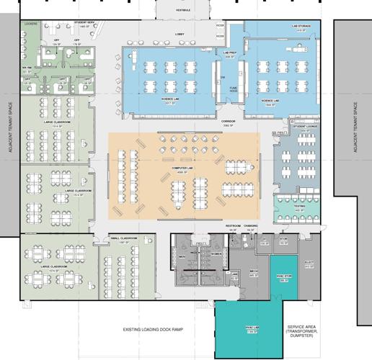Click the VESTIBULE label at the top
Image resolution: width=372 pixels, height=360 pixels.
pos(182,11)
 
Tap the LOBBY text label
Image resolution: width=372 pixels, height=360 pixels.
pos(180,34)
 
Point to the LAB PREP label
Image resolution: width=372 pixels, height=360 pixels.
pos(230,53)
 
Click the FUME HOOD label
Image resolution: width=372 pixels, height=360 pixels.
pos(233,89)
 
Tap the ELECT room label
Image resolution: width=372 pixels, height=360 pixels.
pos(310,263)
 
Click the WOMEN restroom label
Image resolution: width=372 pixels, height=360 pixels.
pos(215,253)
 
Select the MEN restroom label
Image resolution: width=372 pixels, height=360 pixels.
pos(182,254)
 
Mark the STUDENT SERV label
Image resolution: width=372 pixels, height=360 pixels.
pos(85,23)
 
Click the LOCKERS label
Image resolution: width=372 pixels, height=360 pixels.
pos(30,24)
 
